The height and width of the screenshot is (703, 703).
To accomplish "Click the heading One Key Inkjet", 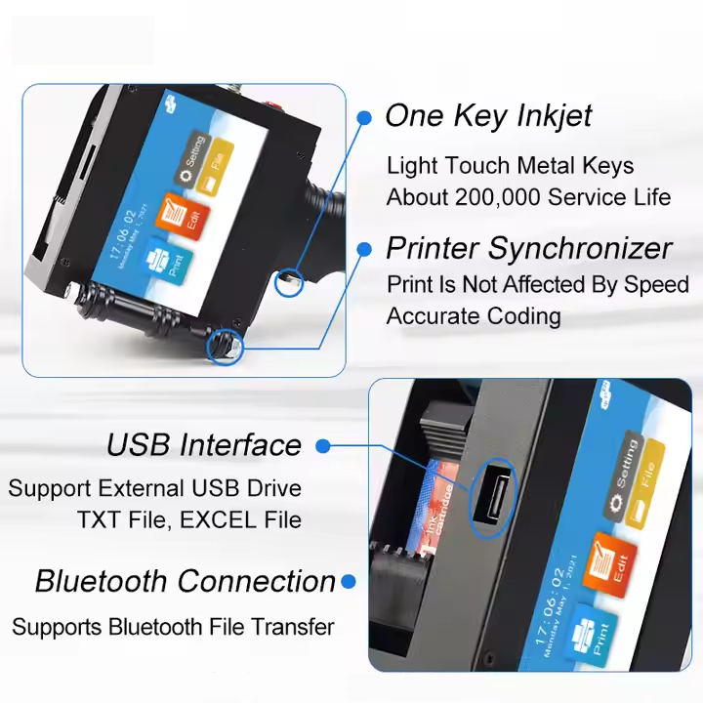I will coord(488,116).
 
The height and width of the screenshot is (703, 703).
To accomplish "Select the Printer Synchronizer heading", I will coord(528,248).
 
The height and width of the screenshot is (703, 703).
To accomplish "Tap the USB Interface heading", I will coord(204,445).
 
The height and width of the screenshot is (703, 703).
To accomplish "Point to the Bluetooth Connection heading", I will coord(186,581).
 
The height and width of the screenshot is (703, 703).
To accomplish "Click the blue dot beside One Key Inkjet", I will coord(364,117).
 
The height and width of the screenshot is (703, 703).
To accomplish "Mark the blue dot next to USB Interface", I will coord(323,446).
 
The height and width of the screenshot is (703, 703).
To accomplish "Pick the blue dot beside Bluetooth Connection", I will coord(349,582).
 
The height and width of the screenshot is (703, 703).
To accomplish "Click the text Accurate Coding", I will coord(474,316).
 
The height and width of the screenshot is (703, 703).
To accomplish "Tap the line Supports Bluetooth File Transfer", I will coord(173,626).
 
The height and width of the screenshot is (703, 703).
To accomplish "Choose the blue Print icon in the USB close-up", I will coord(594,632).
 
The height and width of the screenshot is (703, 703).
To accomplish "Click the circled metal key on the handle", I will coord(289,281).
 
